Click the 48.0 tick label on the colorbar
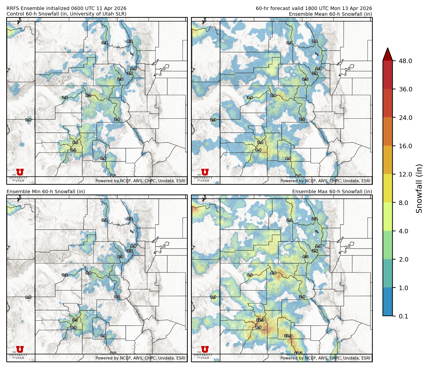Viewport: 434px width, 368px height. click(405, 61)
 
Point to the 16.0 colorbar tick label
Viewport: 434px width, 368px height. click(405, 146)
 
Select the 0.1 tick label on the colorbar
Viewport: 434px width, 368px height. click(403, 316)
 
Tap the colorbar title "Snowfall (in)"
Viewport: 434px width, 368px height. click(419, 189)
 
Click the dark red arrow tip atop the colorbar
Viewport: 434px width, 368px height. click(387, 53)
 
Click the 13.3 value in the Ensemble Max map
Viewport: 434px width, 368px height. click(288, 336)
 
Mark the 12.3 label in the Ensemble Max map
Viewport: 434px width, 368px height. click(260, 320)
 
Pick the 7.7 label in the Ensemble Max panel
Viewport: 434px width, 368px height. click(213, 297)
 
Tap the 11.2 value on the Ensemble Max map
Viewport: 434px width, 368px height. click(298, 353)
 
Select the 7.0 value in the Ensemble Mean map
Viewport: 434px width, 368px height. click(260, 142)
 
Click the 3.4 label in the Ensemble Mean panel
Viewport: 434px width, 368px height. click(249, 97)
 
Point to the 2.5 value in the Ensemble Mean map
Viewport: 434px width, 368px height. click(305, 79)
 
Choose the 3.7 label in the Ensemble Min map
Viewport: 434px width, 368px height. click(75, 320)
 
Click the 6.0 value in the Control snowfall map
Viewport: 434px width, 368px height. click(75, 142)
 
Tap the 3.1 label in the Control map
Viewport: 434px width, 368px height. click(73, 150)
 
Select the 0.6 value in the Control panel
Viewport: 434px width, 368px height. click(103, 158)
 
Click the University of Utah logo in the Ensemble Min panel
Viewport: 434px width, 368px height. click(20, 352)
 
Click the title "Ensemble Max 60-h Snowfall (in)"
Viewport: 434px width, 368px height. click(332, 192)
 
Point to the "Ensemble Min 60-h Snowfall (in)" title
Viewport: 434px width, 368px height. click(46, 192)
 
